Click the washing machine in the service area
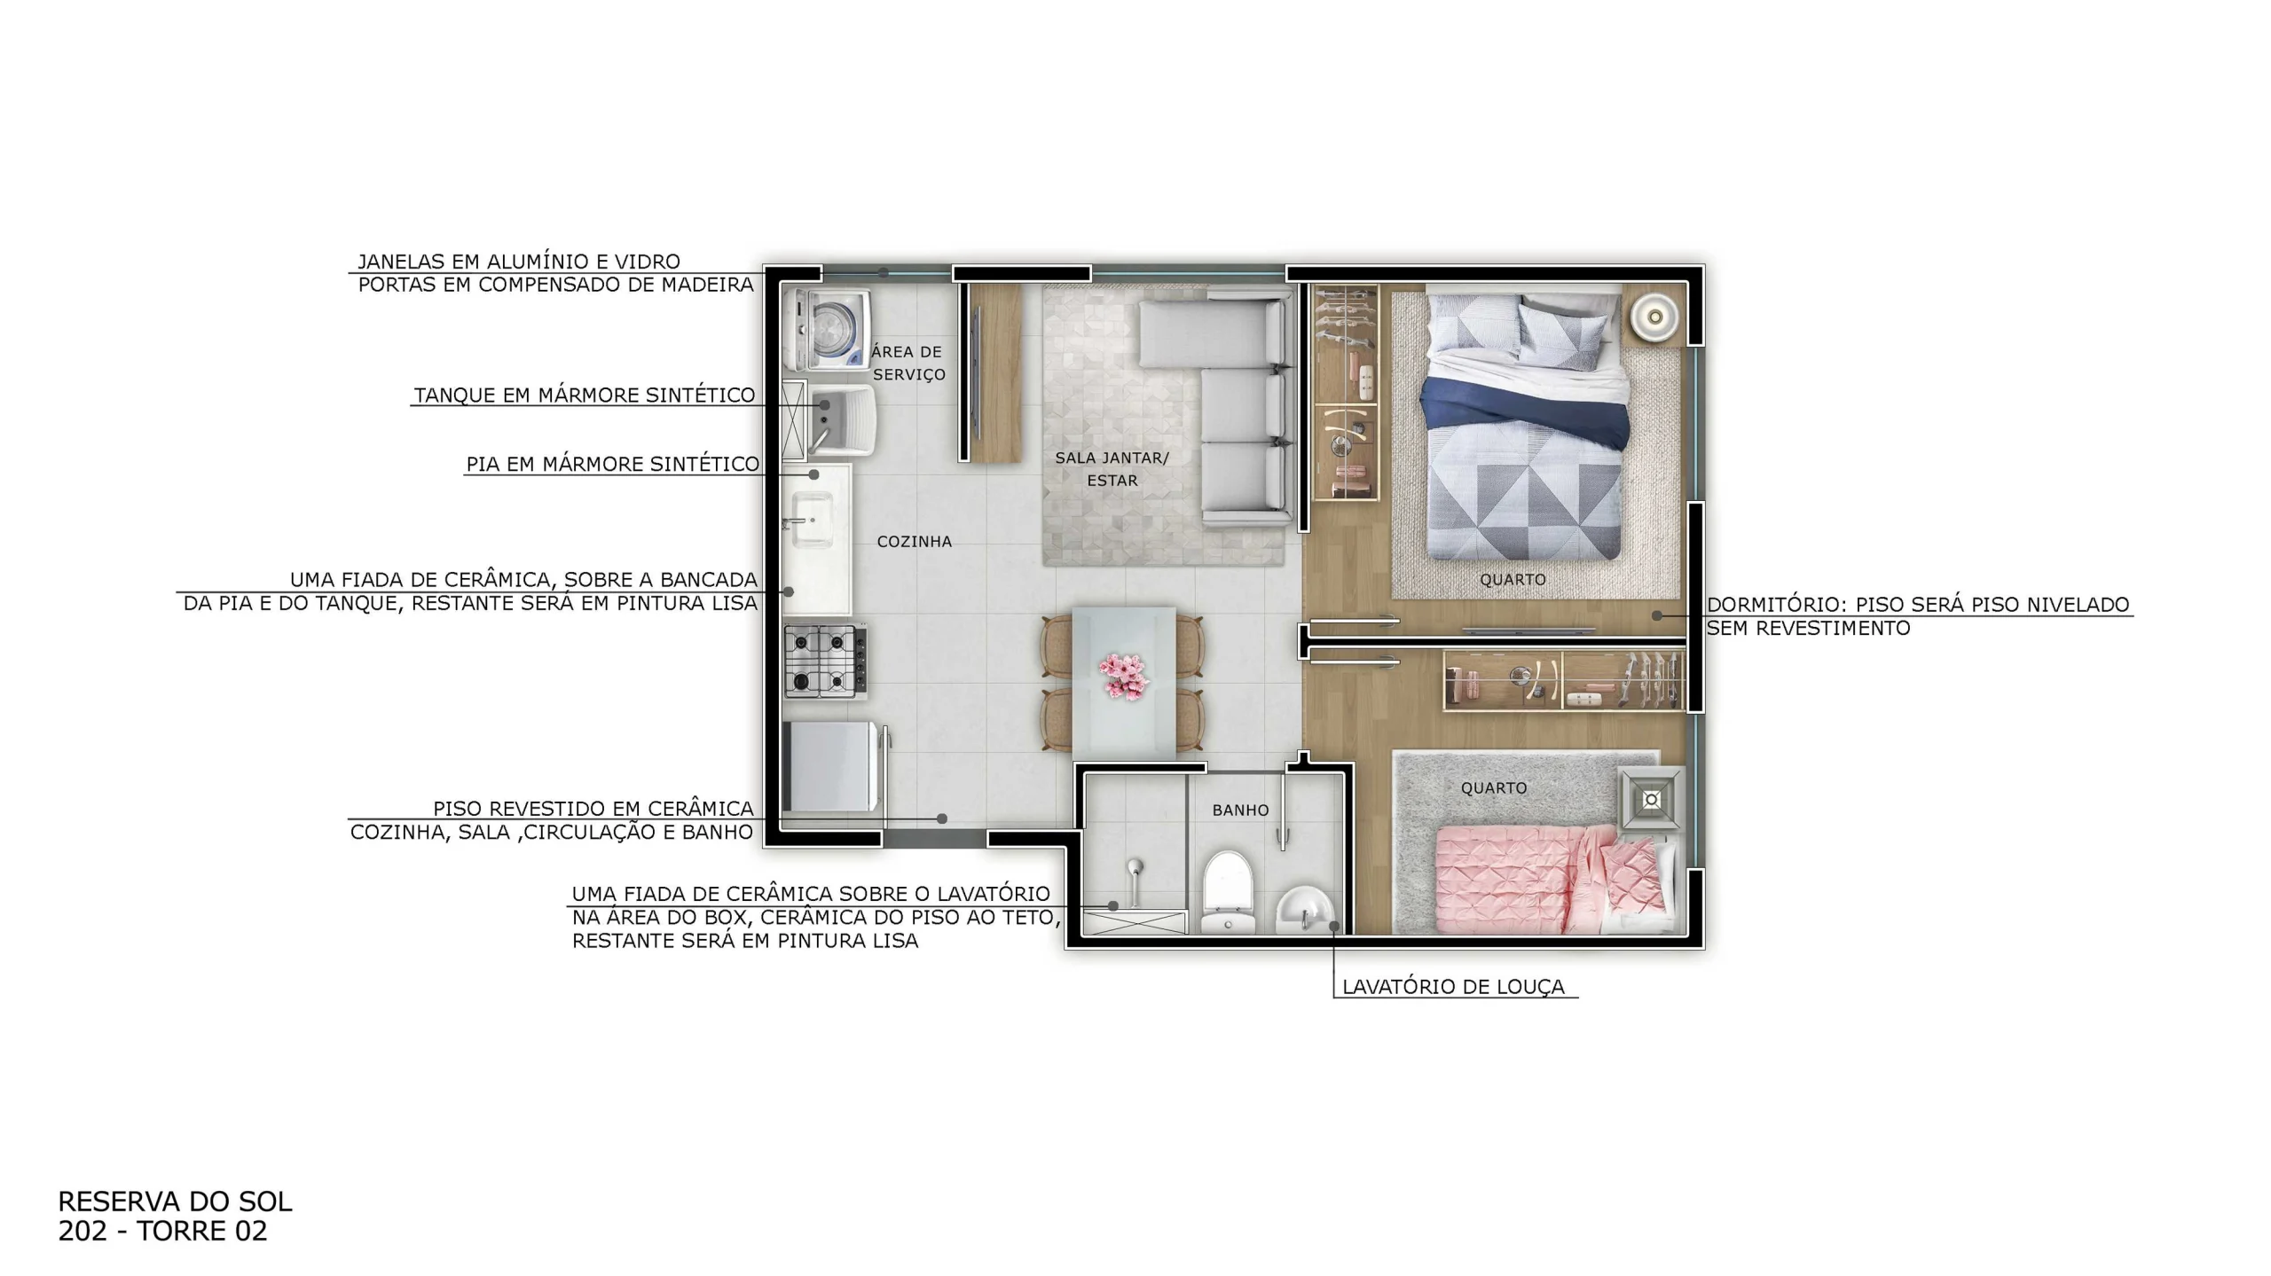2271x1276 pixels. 826,330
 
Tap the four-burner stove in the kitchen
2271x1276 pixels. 825,662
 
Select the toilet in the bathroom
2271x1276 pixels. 1228,891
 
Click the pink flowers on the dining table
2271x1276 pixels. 1124,675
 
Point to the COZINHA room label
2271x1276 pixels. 914,541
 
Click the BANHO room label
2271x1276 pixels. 1240,810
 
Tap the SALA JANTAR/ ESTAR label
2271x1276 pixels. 1112,469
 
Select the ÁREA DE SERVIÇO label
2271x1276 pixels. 908,363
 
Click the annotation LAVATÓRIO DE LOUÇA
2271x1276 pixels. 1453,986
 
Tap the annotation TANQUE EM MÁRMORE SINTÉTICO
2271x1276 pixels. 585,395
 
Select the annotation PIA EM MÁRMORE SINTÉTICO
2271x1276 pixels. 613,464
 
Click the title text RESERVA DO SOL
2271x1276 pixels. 175,1202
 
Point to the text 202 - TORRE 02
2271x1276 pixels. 162,1231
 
